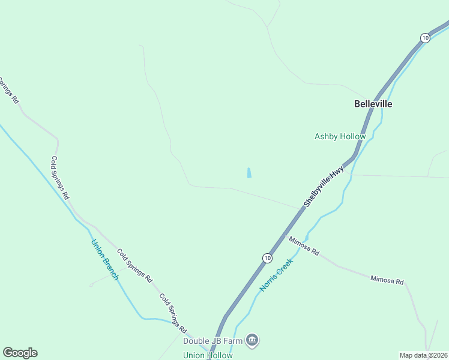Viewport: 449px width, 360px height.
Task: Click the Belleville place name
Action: coord(373,104)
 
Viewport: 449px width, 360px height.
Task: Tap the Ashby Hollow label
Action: coord(340,137)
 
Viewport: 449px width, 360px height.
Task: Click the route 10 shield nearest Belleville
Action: coord(425,38)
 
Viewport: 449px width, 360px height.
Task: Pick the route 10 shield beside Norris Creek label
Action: coord(267,258)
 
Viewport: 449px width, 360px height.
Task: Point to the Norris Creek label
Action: coord(276,275)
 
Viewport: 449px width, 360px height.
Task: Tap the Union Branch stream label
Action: coord(104,260)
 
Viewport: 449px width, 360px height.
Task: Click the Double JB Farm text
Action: coord(213,341)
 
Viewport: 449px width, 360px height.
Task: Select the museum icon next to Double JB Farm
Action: coord(253,341)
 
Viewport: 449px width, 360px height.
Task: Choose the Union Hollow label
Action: coord(208,355)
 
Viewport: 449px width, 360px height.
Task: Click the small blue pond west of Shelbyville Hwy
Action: coord(249,173)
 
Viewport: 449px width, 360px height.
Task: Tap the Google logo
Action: coord(20,353)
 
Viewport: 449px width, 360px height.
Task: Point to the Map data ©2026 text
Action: coord(424,355)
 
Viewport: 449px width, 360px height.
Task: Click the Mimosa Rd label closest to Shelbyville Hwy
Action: coord(304,246)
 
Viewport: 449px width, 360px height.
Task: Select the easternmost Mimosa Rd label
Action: coord(387,280)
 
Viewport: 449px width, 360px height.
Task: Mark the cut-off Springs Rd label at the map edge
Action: coord(9,91)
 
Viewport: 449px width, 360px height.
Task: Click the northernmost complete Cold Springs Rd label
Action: coord(60,178)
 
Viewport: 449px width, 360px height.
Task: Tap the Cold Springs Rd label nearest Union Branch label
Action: coord(134,266)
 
